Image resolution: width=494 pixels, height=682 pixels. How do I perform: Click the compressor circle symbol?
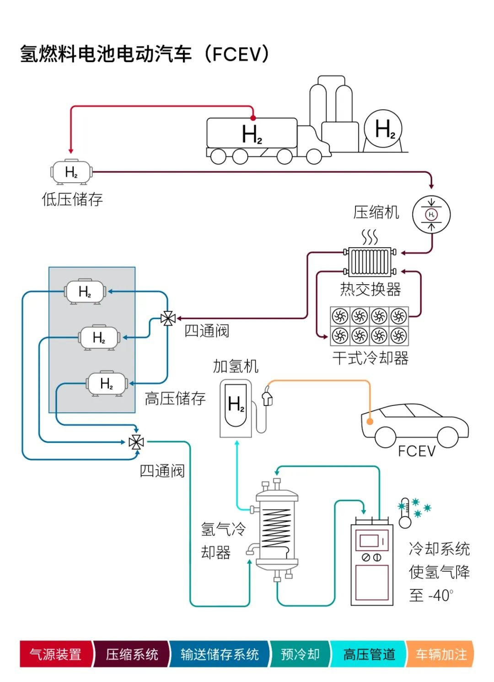[x=431, y=214]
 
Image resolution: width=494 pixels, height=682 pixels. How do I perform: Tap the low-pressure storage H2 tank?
[x=71, y=172]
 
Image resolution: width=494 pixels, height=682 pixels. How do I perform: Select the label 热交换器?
[x=370, y=289]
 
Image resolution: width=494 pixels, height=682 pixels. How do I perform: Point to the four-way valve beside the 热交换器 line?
[x=168, y=319]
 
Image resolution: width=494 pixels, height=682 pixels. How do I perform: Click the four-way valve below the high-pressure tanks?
[x=136, y=442]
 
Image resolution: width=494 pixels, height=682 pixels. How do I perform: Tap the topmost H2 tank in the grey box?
[x=85, y=291]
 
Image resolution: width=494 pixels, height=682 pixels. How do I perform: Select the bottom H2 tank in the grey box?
[x=107, y=384]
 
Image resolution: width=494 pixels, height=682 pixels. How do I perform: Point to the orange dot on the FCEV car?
[x=370, y=422]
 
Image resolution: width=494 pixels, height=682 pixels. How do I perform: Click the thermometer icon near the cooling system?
[x=405, y=514]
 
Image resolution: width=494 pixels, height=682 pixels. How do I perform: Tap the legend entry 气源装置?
[x=55, y=654]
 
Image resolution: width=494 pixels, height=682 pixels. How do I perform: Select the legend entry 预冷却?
[x=300, y=654]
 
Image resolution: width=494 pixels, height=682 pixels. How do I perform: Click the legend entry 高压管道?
[x=369, y=654]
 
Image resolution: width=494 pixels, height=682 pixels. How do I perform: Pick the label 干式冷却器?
[x=370, y=358]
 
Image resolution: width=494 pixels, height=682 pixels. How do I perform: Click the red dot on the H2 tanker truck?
[x=253, y=118]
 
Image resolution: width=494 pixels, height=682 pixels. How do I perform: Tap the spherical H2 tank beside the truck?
[x=383, y=129]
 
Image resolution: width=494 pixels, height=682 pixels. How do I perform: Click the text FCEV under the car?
[x=416, y=451]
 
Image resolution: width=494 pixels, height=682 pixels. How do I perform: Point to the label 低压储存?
[x=72, y=199]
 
